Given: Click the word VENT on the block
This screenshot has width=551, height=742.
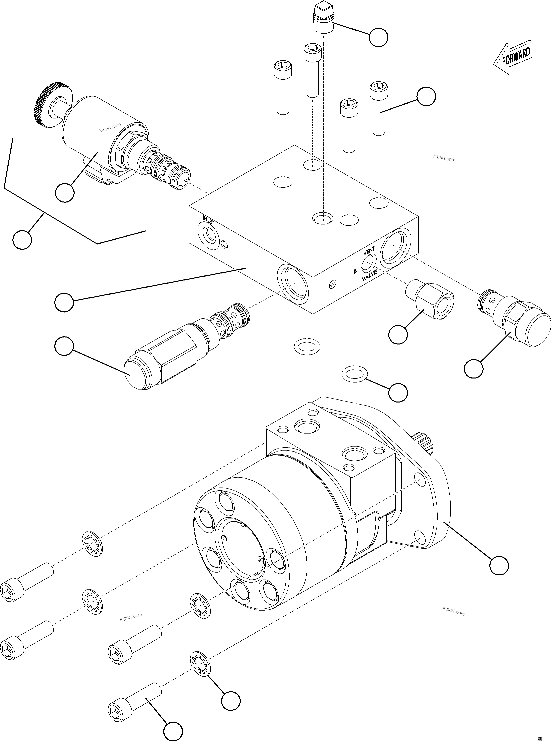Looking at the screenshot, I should (x=369, y=250).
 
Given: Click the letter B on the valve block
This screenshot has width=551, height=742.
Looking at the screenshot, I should (x=355, y=271).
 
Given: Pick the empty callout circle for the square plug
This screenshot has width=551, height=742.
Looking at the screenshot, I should (x=378, y=37).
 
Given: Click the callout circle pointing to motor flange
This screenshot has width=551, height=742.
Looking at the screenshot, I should (x=499, y=565).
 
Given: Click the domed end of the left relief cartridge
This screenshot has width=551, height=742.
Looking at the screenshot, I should (x=135, y=375).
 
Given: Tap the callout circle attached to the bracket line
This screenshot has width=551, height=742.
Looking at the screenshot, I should (x=22, y=239).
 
